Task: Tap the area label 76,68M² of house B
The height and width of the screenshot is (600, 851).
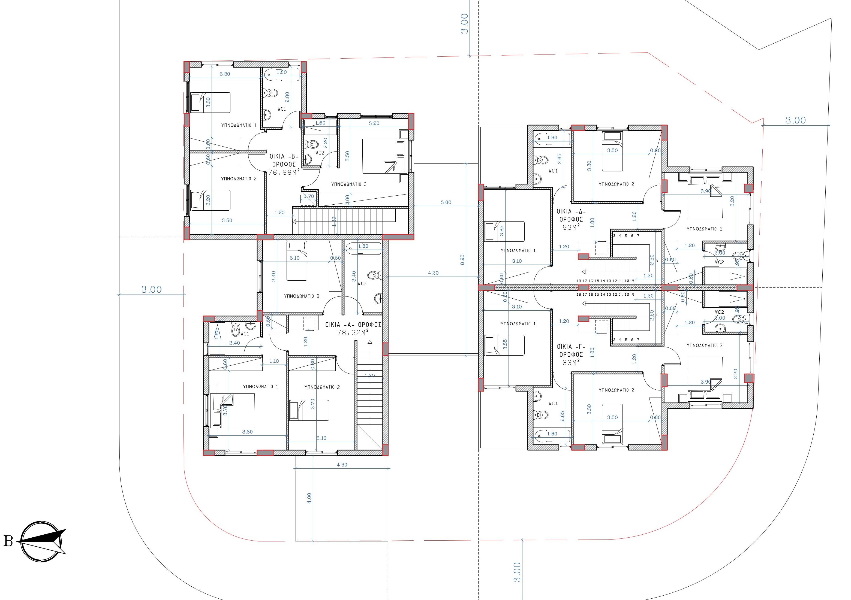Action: [284, 172]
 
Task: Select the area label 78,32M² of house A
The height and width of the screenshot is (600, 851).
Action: [353, 333]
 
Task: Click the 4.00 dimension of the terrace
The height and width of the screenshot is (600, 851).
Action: [309, 498]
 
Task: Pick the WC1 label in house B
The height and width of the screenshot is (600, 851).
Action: [282, 109]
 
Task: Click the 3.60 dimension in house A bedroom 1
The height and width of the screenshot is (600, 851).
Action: [247, 432]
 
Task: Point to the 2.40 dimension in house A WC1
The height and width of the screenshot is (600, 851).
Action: [234, 343]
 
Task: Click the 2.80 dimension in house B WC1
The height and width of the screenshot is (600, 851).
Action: [287, 97]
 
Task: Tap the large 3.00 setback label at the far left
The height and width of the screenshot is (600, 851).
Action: [151, 290]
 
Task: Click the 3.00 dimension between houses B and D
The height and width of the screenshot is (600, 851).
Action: [446, 202]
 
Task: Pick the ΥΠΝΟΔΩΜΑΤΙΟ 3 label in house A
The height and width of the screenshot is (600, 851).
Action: [301, 296]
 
